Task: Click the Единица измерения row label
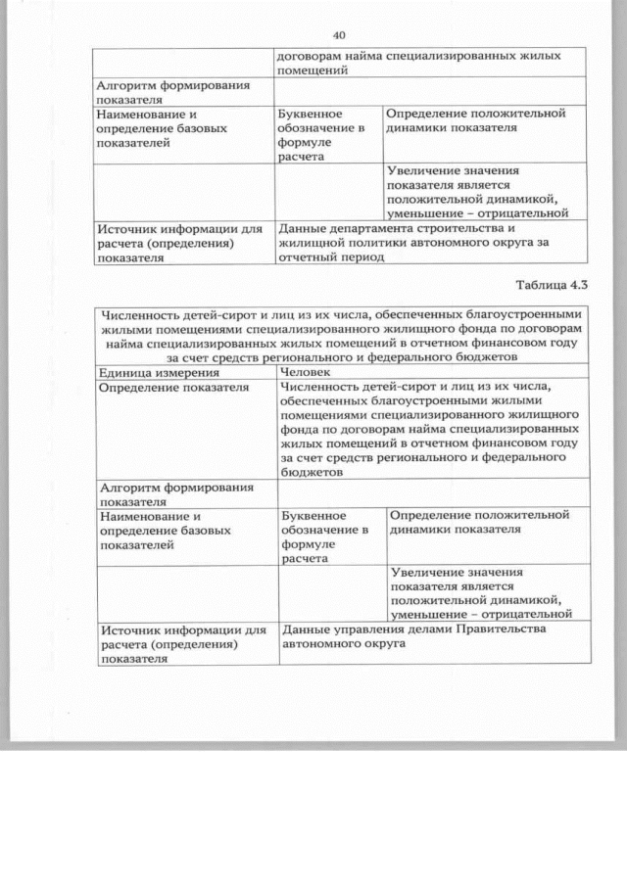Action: [x=151, y=372]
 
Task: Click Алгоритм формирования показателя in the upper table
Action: [x=171, y=92]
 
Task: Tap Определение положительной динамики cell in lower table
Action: [x=478, y=522]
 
